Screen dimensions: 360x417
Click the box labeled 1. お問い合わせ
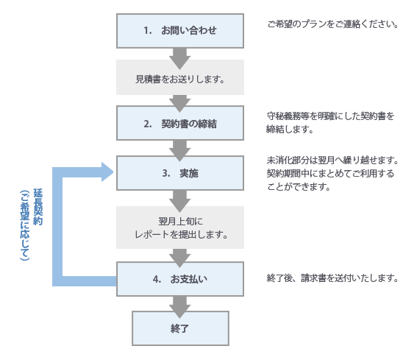pyautogui.click(x=180, y=30)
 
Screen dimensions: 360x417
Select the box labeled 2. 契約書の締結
pyautogui.click(x=180, y=123)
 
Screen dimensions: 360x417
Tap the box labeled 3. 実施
pyautogui.click(x=180, y=174)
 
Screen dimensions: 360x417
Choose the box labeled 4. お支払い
pyautogui.click(x=180, y=279)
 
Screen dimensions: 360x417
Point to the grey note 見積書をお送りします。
pyautogui.click(x=180, y=77)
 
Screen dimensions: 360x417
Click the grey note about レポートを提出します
pyautogui.click(x=180, y=227)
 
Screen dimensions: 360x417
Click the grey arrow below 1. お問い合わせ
pyautogui.click(x=180, y=56)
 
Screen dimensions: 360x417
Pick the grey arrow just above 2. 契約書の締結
pyautogui.click(x=180, y=102)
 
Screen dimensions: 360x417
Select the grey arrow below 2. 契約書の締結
pyautogui.click(x=180, y=149)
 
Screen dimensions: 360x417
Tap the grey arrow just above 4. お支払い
pyautogui.click(x=180, y=256)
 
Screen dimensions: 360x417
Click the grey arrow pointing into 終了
pyautogui.click(x=180, y=304)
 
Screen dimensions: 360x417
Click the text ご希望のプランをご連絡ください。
pyautogui.click(x=332, y=24)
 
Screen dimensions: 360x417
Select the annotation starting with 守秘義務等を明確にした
pyautogui.click(x=330, y=122)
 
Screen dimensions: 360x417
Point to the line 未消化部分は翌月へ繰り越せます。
pyautogui.click(x=332, y=160)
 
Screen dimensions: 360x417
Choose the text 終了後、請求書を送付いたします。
pyautogui.click(x=332, y=278)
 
